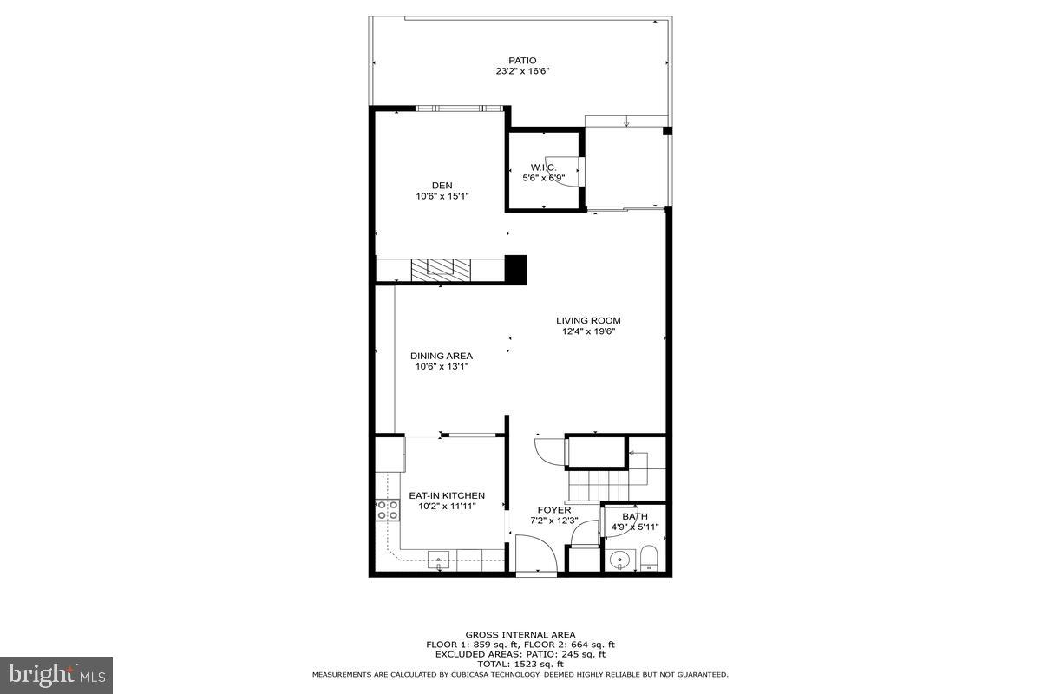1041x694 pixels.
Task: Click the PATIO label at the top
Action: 521,61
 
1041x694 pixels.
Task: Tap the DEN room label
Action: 442,185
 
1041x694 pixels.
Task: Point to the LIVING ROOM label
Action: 588,320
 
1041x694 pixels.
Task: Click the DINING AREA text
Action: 442,356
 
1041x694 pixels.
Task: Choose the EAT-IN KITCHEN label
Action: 447,495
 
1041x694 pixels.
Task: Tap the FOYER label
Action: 554,510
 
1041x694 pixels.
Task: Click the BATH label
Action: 634,516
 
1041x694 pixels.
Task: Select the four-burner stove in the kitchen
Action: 387,510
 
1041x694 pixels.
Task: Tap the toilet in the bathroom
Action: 649,558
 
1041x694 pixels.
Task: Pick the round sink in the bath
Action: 619,558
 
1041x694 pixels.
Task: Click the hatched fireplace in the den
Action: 439,269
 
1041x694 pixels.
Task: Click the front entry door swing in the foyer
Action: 535,555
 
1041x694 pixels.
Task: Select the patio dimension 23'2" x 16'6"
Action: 521,72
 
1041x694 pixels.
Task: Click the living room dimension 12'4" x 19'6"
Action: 588,331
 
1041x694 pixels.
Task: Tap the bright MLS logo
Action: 56,674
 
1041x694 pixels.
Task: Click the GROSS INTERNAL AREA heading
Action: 520,635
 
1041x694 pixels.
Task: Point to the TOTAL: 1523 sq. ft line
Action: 520,664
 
